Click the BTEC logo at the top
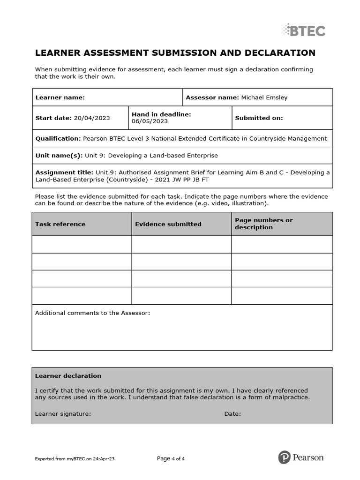(x=303, y=30)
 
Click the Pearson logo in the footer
(x=300, y=457)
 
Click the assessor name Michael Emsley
(x=264, y=97)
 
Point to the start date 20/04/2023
(x=91, y=118)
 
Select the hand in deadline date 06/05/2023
(x=150, y=121)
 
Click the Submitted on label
(x=259, y=118)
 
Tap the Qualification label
(x=58, y=138)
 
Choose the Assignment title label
(x=64, y=172)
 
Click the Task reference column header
(x=60, y=224)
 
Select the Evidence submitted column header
(x=168, y=224)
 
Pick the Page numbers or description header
(x=263, y=224)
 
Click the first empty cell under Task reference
(x=82, y=244)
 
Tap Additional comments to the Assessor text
(x=93, y=313)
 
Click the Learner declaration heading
(x=68, y=375)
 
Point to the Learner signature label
(x=63, y=414)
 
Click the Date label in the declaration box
(x=232, y=414)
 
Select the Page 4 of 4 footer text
(x=171, y=458)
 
